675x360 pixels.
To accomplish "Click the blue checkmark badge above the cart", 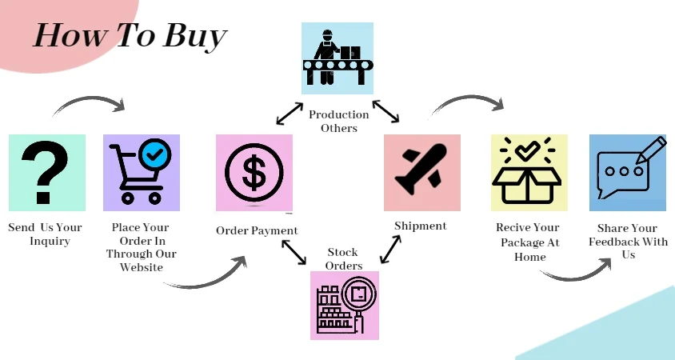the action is tap(153, 153).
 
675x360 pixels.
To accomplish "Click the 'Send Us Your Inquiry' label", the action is tap(46, 234).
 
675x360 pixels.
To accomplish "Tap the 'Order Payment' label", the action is tap(257, 230).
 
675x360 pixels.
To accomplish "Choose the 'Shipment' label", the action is tap(421, 226).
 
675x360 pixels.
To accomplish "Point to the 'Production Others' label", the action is tap(339, 121).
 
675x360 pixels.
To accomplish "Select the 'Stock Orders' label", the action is tap(344, 259).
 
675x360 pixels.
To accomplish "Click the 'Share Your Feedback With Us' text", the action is tap(628, 241).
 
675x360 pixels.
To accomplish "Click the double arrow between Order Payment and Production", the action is tap(290, 114).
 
